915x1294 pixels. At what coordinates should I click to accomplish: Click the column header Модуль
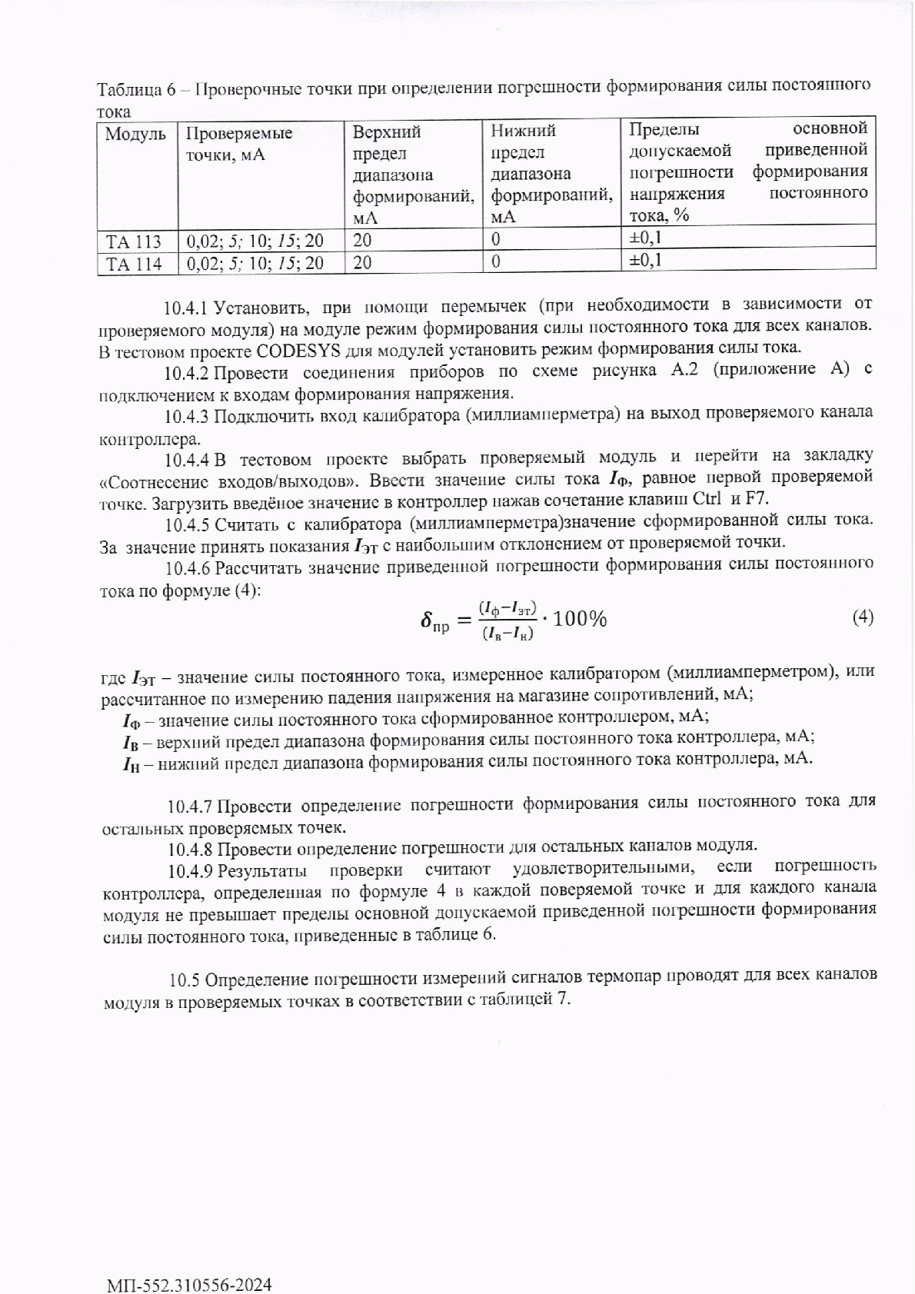[x=135, y=135]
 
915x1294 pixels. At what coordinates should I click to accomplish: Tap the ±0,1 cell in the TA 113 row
[x=645, y=237]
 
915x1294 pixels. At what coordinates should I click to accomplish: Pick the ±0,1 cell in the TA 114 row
[x=645, y=260]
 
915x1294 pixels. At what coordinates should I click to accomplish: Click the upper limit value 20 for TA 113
[x=361, y=240]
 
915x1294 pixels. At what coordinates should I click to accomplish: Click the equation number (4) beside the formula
[x=863, y=617]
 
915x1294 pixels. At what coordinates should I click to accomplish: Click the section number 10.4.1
[x=186, y=309]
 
